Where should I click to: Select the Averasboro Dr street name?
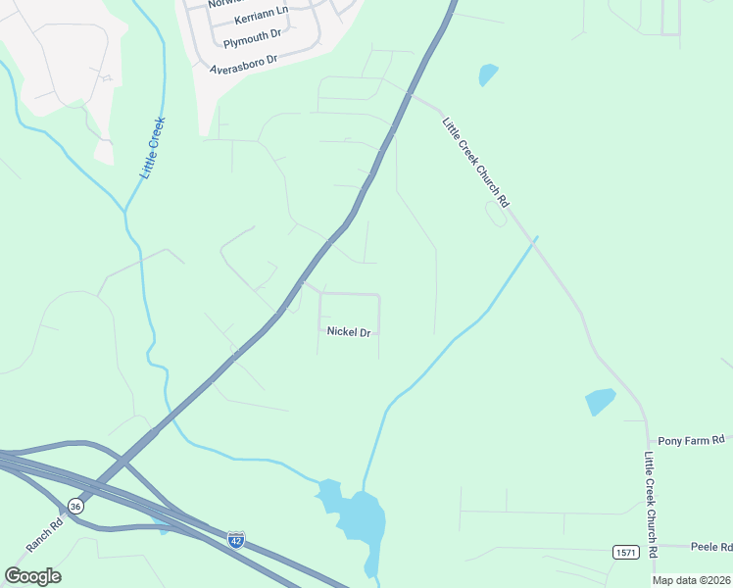(244, 64)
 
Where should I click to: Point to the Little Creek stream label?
(153, 148)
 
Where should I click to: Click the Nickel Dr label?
(349, 332)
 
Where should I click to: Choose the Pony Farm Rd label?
(691, 441)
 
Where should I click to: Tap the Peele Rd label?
(710, 547)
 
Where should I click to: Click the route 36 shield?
(75, 506)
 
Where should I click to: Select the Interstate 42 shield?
(235, 539)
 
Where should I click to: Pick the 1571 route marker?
(626, 553)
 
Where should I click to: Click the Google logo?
(32, 575)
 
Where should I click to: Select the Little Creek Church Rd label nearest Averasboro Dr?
(476, 163)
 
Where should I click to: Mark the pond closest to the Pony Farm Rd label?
(600, 402)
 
